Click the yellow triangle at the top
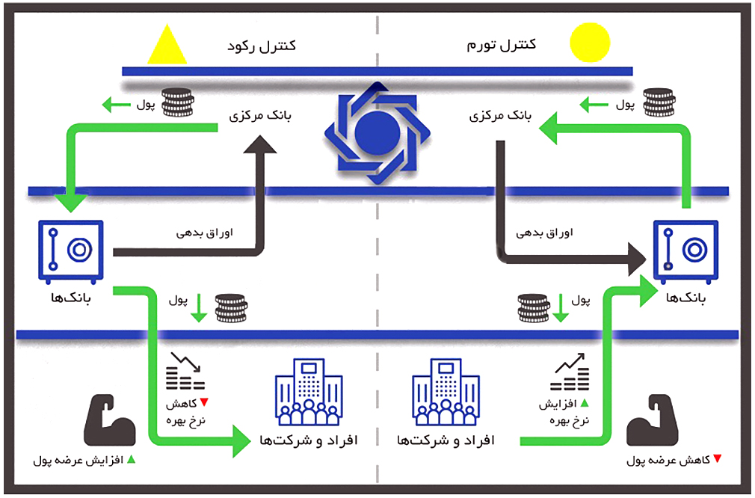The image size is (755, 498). pos(167,46)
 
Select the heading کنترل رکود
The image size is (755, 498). pos(261,46)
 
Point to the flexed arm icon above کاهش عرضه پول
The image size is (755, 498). pos(650,423)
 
